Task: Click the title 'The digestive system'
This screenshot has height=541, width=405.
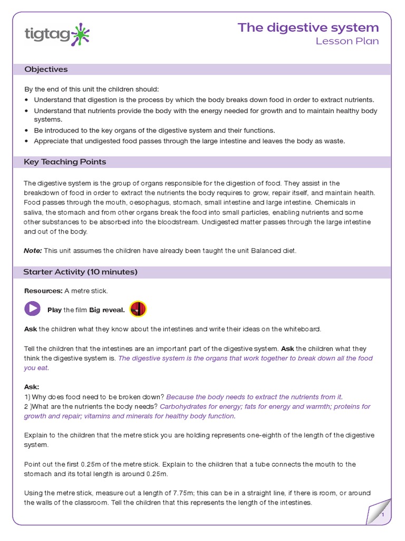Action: [x=308, y=27]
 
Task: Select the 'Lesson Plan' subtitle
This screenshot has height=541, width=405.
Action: [x=347, y=42]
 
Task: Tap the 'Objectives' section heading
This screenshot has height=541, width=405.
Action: [x=46, y=70]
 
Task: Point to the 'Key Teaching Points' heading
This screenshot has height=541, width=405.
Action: [x=65, y=162]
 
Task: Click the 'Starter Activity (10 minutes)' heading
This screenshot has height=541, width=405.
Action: [x=81, y=272]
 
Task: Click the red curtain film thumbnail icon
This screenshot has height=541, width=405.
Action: [x=138, y=309]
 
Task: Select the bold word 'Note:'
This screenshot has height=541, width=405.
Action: [x=33, y=250]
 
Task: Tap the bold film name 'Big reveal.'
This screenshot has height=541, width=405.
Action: [x=107, y=310]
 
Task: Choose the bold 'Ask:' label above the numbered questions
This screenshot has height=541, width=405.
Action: [x=32, y=387]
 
